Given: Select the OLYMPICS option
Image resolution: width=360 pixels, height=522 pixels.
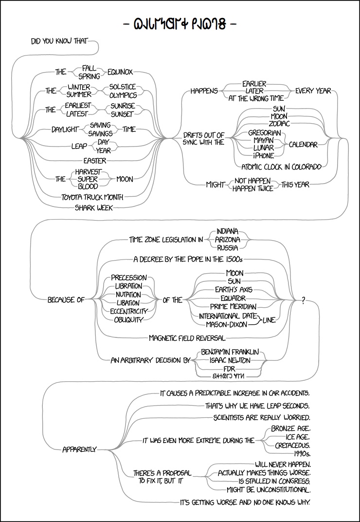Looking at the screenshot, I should pyautogui.click(x=123, y=95).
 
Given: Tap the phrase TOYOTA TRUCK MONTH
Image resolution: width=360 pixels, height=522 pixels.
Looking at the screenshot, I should pyautogui.click(x=92, y=197).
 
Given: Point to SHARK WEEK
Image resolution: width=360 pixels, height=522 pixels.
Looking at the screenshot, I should pyautogui.click(x=93, y=207).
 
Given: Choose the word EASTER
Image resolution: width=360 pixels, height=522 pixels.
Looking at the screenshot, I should pyautogui.click(x=95, y=160).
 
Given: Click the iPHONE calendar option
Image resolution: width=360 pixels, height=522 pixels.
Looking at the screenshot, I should pyautogui.click(x=263, y=155).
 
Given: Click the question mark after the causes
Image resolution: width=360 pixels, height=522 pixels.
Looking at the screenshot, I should pyautogui.click(x=304, y=301).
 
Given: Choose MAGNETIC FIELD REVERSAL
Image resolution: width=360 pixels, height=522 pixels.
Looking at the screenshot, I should pyautogui.click(x=187, y=337).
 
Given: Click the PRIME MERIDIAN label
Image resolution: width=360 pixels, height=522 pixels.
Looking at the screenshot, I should pyautogui.click(x=233, y=307).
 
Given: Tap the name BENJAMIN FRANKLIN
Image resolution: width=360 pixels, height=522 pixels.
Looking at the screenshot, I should pyautogui.click(x=229, y=352).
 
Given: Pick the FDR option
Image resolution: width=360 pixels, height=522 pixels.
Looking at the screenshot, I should pyautogui.click(x=230, y=369).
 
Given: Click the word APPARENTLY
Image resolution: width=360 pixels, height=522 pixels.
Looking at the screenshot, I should pyautogui.click(x=80, y=449).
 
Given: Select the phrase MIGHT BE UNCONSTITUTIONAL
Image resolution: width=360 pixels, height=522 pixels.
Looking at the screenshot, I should pyautogui.click(x=269, y=489).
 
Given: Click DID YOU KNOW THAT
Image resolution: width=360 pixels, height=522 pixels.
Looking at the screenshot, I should pyautogui.click(x=60, y=41).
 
